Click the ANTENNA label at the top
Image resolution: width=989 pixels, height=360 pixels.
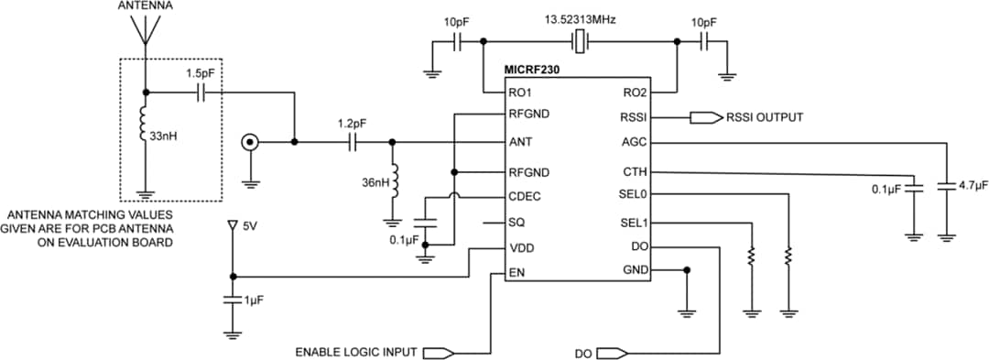coord(144,6)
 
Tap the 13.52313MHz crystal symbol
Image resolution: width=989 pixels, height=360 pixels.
coord(580,40)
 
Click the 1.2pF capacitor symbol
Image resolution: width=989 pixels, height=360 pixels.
coord(353,142)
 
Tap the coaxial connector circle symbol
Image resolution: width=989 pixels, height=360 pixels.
coord(248,142)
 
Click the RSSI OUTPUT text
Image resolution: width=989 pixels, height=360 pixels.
coord(765,117)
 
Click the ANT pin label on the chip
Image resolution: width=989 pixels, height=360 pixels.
coord(519,143)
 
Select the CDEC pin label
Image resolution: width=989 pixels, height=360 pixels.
coord(524,197)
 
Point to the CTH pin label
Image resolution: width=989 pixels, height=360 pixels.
coord(635,171)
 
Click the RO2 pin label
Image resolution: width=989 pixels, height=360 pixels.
coord(635,93)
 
